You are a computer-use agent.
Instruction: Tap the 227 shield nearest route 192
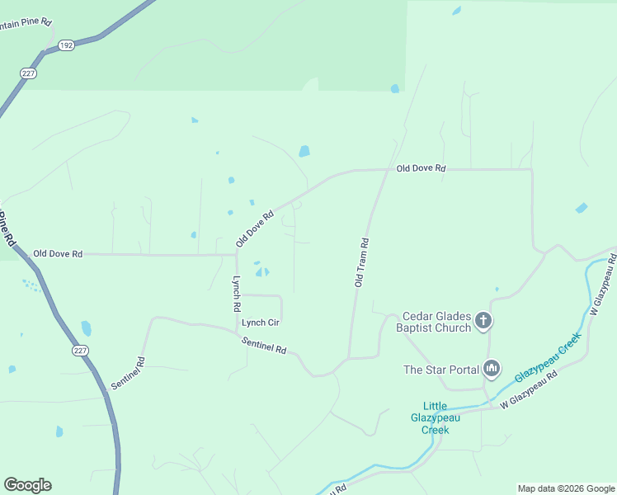(x=27, y=73)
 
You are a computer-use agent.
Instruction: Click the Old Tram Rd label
(x=361, y=262)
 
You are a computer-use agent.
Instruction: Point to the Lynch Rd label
(x=236, y=293)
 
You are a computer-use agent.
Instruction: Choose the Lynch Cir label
(x=261, y=323)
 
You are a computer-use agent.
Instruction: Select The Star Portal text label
(x=440, y=370)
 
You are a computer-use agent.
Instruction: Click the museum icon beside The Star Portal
(x=492, y=368)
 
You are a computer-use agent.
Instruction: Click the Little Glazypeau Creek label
(x=436, y=417)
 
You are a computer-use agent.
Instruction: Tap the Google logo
(x=27, y=485)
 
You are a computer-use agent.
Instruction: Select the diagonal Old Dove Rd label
(x=254, y=229)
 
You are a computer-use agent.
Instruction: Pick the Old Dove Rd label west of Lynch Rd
(x=58, y=254)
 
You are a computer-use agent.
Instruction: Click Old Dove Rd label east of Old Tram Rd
(x=421, y=168)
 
